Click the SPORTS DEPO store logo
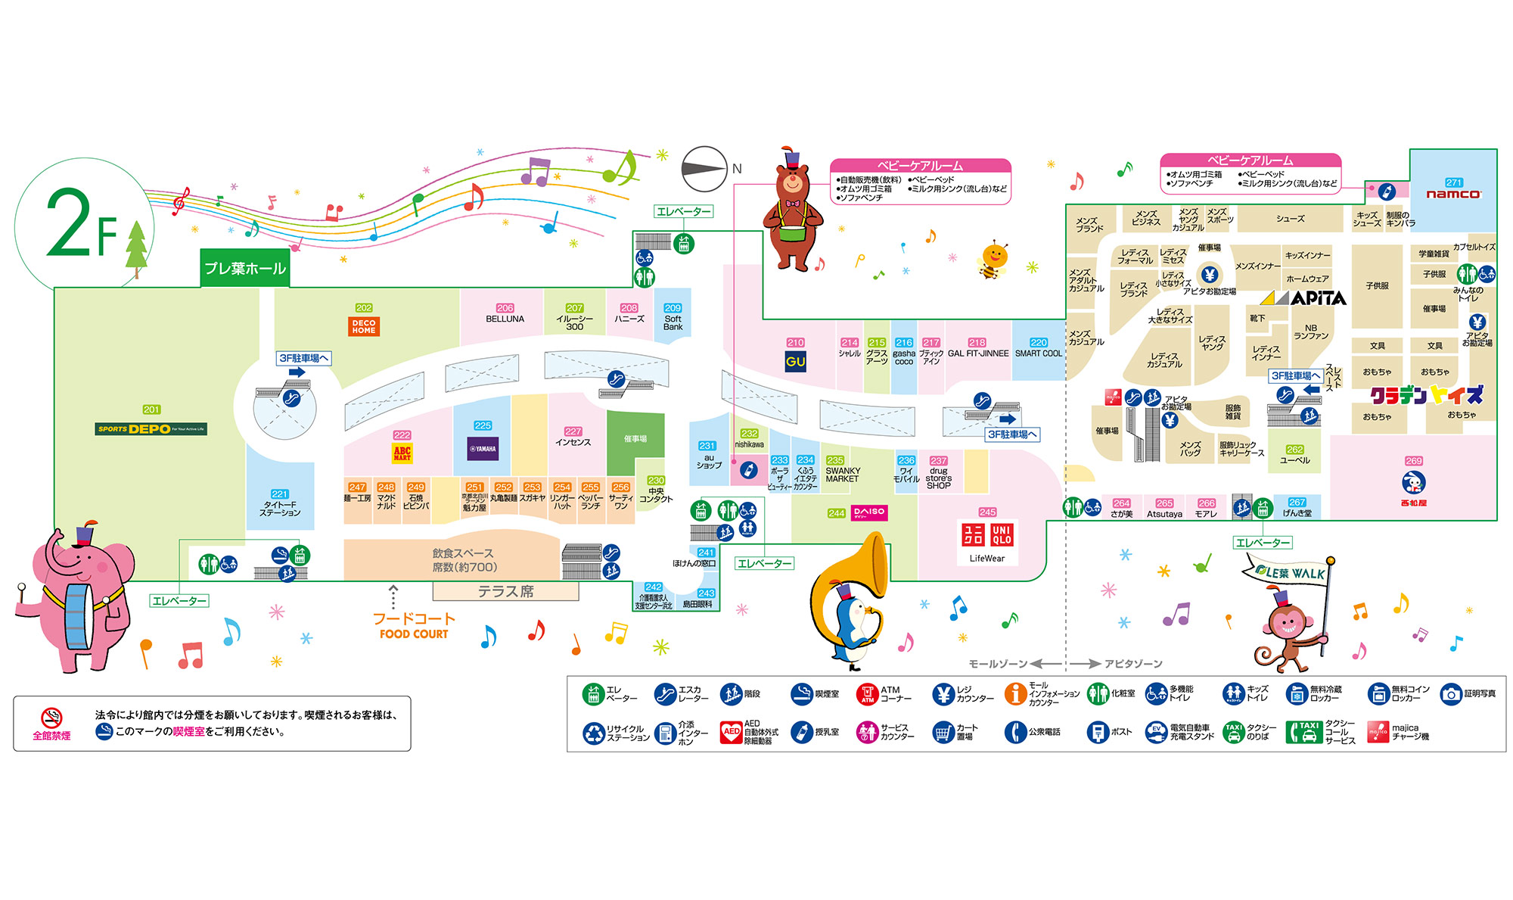click(151, 428)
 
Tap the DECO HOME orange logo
click(364, 326)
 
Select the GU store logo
click(795, 362)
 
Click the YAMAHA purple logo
click(483, 448)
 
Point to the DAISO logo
click(868, 512)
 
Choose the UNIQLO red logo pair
click(987, 535)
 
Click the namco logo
click(1453, 194)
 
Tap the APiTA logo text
click(1318, 298)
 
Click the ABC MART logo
click(402, 453)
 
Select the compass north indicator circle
click(704, 169)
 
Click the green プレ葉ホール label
click(245, 269)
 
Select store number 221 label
click(279, 494)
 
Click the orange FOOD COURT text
click(414, 634)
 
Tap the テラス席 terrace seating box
click(505, 591)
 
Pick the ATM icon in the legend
click(867, 693)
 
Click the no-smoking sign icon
click(51, 718)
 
